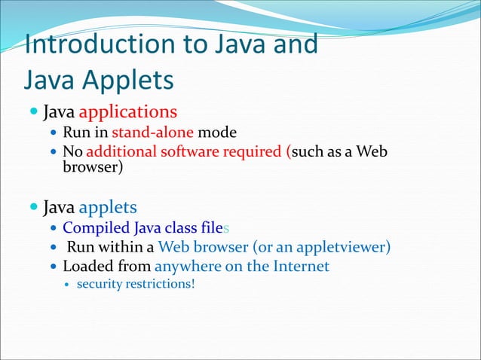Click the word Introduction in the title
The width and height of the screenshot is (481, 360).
coord(89,44)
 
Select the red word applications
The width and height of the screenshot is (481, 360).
coord(127,112)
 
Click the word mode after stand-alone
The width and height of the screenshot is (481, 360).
coord(217,133)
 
